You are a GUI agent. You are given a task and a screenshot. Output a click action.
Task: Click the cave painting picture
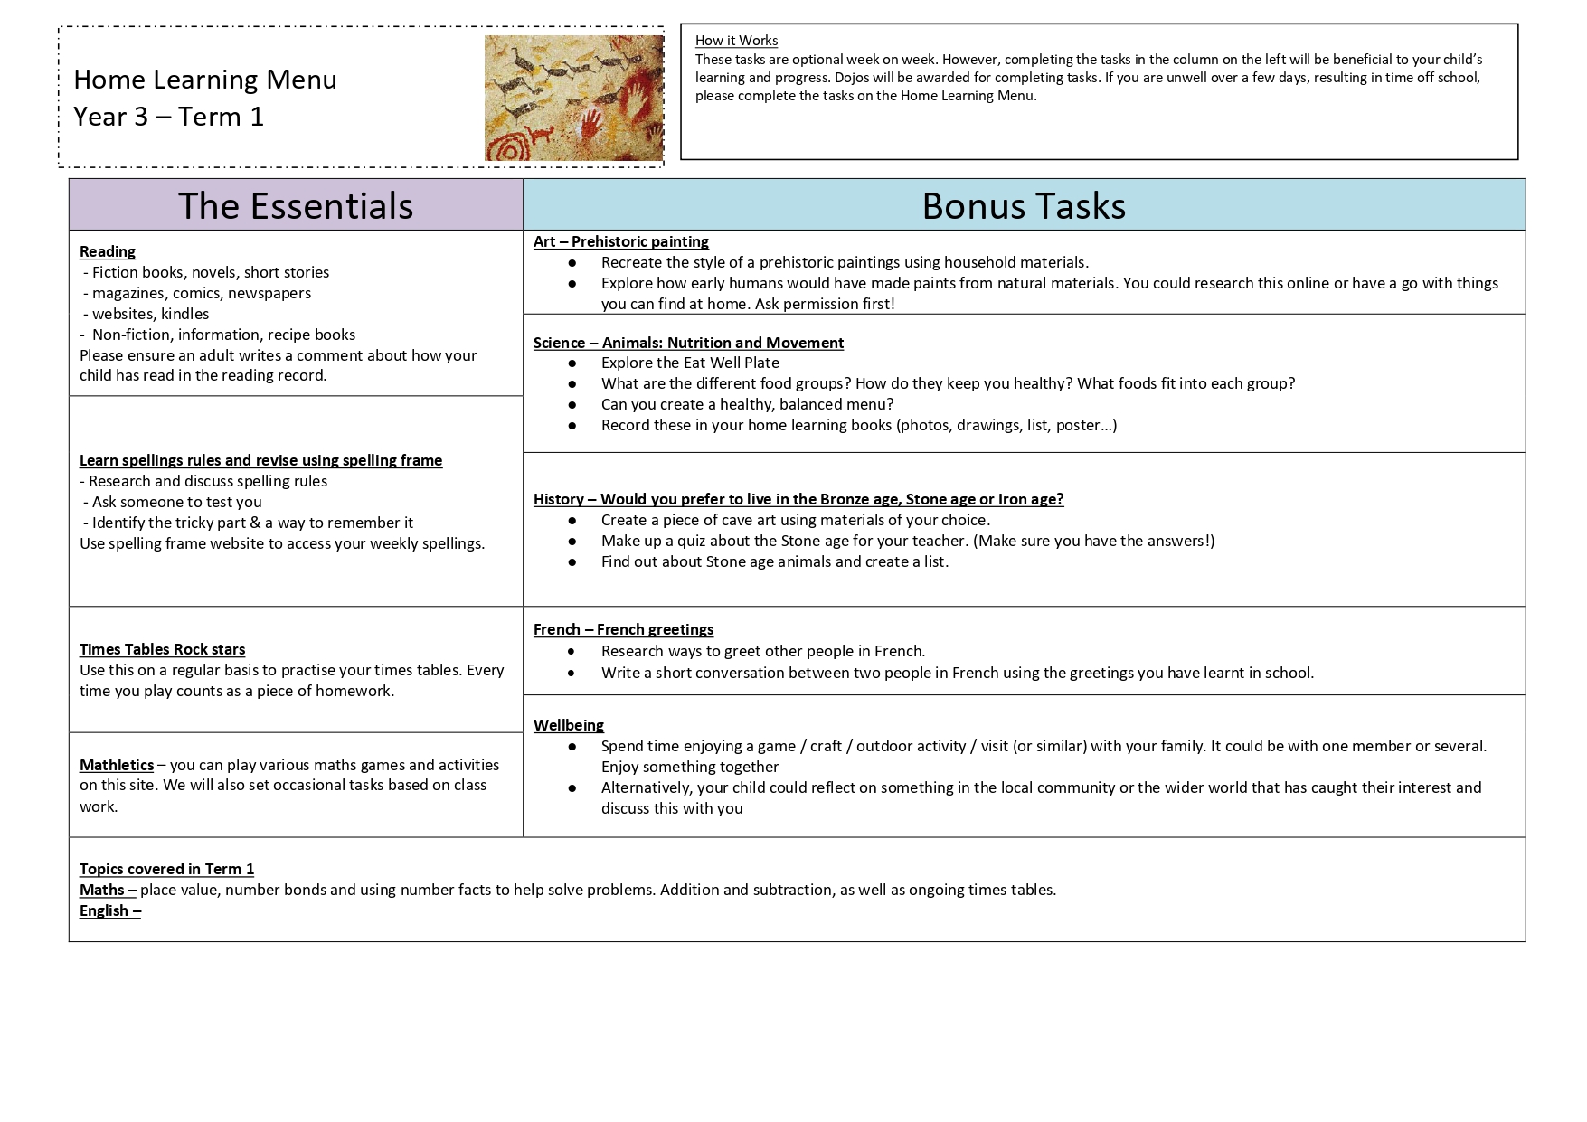pos(573,98)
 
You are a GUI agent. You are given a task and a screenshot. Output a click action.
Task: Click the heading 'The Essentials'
pos(296,205)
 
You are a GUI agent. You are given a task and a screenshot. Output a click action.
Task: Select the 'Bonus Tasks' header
pos(1024,205)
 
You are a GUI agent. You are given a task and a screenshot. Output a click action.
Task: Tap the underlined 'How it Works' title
pos(736,41)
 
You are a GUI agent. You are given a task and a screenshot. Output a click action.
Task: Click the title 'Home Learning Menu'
pos(205,80)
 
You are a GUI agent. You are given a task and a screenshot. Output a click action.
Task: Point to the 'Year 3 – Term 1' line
pos(169,117)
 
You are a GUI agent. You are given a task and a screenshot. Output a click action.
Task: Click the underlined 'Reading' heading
pos(108,251)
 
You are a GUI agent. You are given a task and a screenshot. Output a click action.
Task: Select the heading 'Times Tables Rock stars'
pos(163,649)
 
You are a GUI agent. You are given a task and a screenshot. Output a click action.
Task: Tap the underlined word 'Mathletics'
pos(117,765)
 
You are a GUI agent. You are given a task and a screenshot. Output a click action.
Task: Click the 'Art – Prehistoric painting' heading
pos(621,241)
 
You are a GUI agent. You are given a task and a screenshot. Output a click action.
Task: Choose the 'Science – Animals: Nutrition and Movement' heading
pos(688,343)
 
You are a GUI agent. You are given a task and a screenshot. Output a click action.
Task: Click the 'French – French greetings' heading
pos(623,629)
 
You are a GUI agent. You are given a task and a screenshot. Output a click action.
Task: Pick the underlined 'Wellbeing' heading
pos(569,725)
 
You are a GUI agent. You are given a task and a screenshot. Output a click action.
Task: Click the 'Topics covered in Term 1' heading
pos(166,869)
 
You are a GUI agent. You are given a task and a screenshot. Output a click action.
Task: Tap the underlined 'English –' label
pos(110,910)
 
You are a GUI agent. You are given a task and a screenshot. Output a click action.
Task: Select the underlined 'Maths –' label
pos(108,890)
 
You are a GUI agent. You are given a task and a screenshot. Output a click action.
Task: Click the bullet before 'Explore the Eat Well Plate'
pos(572,363)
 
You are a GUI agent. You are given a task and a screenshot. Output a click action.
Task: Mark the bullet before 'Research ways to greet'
pos(572,651)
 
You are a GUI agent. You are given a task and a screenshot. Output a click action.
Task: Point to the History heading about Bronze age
pos(798,499)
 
